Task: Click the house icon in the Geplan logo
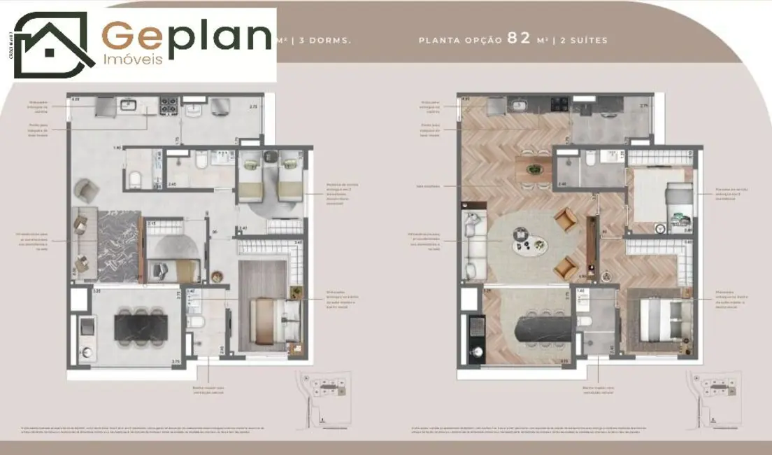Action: [54, 45]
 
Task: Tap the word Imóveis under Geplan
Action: [133, 59]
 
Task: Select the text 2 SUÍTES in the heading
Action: [582, 41]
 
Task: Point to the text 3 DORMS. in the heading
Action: [324, 41]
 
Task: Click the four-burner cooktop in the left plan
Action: [169, 106]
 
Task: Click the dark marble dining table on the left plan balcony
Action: [141, 327]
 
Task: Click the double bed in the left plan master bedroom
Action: [275, 320]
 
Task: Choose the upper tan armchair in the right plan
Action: [565, 220]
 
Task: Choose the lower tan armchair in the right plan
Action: [565, 267]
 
